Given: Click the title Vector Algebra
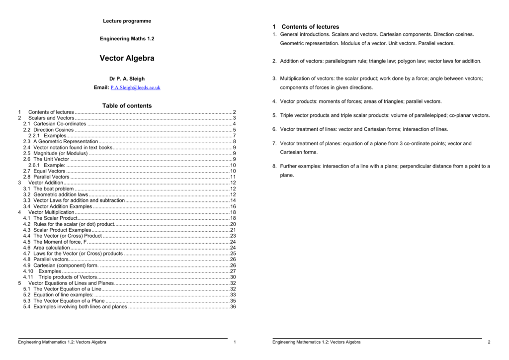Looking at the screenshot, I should tap(127, 58).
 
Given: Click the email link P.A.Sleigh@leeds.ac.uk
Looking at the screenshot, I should tap(135, 88).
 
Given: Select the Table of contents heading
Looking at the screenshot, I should tap(127, 105).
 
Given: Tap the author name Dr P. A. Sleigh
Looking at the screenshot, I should tap(127, 79).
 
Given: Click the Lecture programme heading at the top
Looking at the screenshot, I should tap(127, 21).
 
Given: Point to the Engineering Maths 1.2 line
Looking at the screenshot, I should tap(127, 38).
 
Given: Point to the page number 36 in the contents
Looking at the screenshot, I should tap(233, 307).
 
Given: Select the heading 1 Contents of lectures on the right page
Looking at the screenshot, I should tap(305, 27).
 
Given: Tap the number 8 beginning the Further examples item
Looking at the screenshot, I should tap(274, 166).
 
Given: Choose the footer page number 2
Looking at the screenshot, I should tap(489, 342).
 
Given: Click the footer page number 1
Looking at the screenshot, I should tap(234, 342).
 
